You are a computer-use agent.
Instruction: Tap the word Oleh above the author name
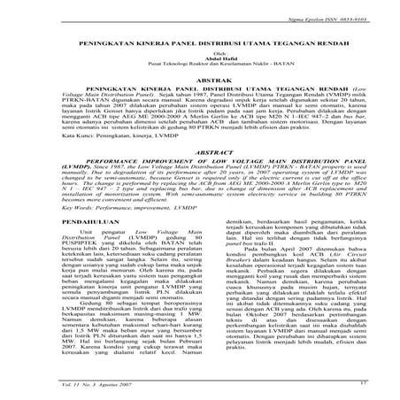pos(200,55)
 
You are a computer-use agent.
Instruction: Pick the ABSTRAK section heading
pos(200,82)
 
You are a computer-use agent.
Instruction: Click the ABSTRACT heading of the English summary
pos(200,152)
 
